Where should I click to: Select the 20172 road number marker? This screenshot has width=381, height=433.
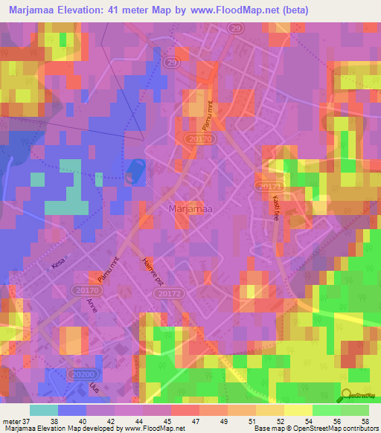tap(167, 295)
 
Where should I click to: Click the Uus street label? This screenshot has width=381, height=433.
tap(94, 391)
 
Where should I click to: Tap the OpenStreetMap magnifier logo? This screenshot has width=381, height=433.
tap(348, 396)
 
